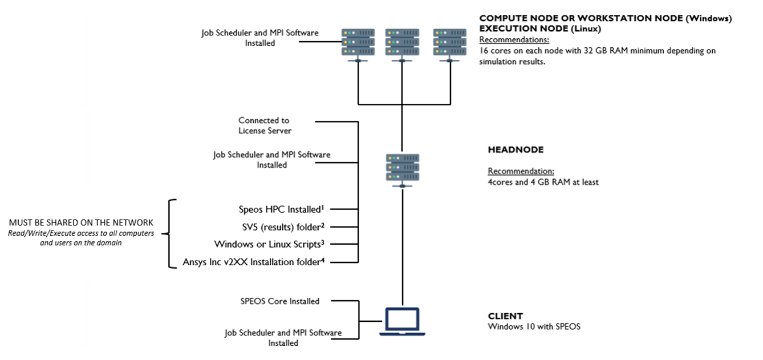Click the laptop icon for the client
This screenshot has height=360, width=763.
pos(403,321)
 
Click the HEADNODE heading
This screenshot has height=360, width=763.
pos(516,150)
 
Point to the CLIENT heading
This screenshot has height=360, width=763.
pos(505,316)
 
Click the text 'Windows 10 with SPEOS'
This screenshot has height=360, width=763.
pos(534,327)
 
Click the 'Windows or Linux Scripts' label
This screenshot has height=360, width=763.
pos(269,244)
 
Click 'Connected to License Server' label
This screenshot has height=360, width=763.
pos(264,126)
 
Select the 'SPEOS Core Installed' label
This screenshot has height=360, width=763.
pos(279,301)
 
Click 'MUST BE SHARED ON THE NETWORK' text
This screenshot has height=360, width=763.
pos(81,223)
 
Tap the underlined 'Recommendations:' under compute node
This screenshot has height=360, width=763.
pos(514,40)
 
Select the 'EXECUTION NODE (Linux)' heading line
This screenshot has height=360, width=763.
pos(540,28)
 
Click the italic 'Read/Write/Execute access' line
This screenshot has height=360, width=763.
pos(81,233)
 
